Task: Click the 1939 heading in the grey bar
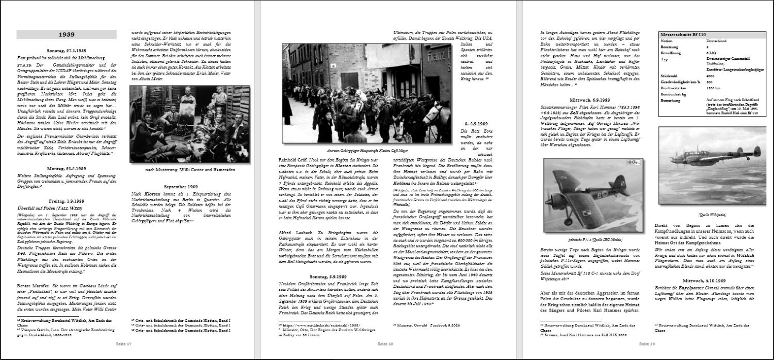pyautogui.click(x=67, y=35)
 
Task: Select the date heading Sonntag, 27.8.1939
pyautogui.click(x=67, y=51)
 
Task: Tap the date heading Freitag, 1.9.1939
pyautogui.click(x=67, y=200)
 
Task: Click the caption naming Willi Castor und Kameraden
pyautogui.click(x=190, y=170)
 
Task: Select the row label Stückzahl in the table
pyautogui.click(x=670, y=75)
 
